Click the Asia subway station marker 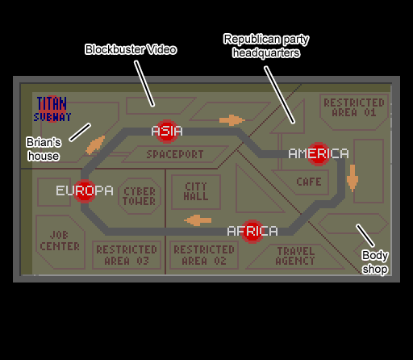pyautogui.click(x=167, y=132)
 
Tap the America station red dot pyautogui.click(x=319, y=154)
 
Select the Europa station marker pyautogui.click(x=85, y=190)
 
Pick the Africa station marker pyautogui.click(x=252, y=232)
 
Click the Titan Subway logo pyautogui.click(x=52, y=109)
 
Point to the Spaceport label pyautogui.click(x=175, y=154)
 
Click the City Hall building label pyautogui.click(x=196, y=191)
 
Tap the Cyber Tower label pyautogui.click(x=140, y=196)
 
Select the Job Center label pyautogui.click(x=60, y=241)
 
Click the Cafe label pyautogui.click(x=309, y=182)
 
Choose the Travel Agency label pyautogui.click(x=295, y=256)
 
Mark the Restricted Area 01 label pyautogui.click(x=354, y=107)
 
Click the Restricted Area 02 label pyautogui.click(x=204, y=255)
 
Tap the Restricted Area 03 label pyautogui.click(x=127, y=255)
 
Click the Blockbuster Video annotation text pyautogui.click(x=131, y=49)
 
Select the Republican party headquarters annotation pyautogui.click(x=266, y=46)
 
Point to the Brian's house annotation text pyautogui.click(x=44, y=149)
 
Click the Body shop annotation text pyautogui.click(x=375, y=262)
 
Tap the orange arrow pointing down pyautogui.click(x=353, y=178)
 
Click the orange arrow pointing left pyautogui.click(x=198, y=220)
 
